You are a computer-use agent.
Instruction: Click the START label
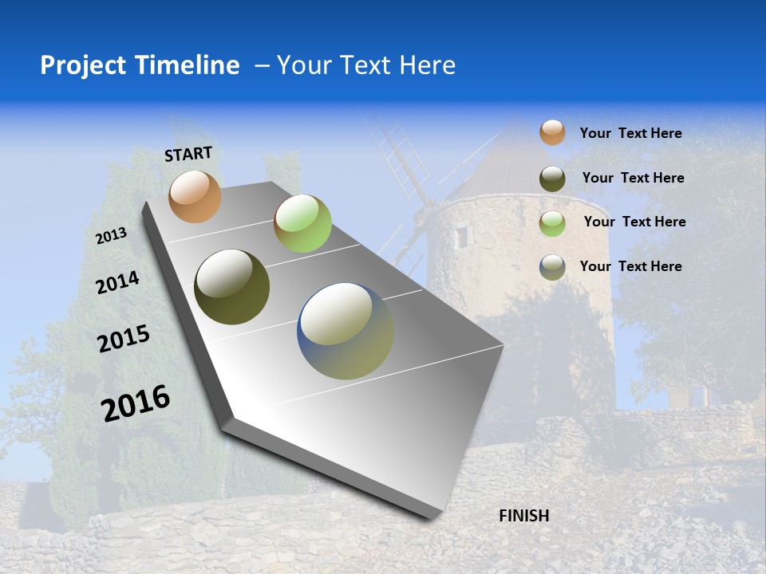click(x=188, y=154)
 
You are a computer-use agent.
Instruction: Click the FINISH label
click(x=523, y=516)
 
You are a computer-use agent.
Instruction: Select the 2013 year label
click(x=112, y=235)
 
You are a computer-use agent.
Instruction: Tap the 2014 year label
click(x=118, y=282)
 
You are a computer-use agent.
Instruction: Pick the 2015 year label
click(x=124, y=339)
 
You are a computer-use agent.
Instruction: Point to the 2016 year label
click(x=136, y=403)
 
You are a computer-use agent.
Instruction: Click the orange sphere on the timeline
click(x=195, y=196)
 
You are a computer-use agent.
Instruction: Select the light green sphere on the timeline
click(x=302, y=223)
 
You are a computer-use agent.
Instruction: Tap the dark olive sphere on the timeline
click(x=231, y=287)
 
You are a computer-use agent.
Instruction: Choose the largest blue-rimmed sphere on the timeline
click(x=345, y=331)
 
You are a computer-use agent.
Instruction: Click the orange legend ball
click(x=552, y=132)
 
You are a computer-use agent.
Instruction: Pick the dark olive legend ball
click(x=552, y=179)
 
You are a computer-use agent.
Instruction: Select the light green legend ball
click(x=552, y=223)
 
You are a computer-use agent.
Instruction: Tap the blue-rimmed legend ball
click(x=552, y=267)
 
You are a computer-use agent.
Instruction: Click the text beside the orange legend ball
click(x=630, y=133)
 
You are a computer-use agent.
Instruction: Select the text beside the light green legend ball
click(x=634, y=222)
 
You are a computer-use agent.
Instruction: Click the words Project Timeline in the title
click(x=140, y=65)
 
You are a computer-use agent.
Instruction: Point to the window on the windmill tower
click(x=462, y=236)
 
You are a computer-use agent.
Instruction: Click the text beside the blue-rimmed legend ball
click(x=630, y=266)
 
